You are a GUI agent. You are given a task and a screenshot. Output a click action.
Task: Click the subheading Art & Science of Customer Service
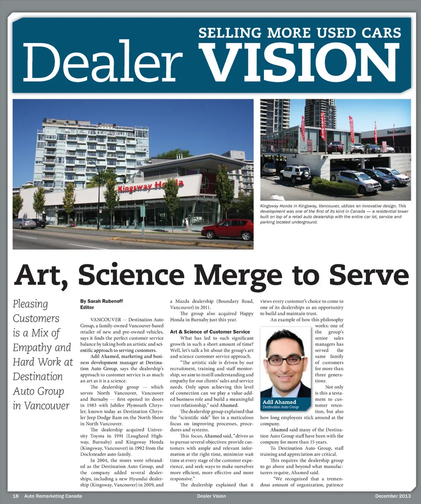click(210, 332)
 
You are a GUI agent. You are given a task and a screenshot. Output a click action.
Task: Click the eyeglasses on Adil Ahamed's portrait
click(285, 360)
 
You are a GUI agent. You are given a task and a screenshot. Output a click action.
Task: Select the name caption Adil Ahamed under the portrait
click(279, 401)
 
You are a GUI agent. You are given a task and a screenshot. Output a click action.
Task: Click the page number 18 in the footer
click(16, 496)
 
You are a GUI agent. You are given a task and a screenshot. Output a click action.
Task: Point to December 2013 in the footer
click(393, 496)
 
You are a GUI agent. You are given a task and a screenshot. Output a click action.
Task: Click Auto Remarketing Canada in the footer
click(53, 496)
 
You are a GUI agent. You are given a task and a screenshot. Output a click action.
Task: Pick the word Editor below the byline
click(87, 308)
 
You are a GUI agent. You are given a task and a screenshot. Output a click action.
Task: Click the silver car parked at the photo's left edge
click(24, 224)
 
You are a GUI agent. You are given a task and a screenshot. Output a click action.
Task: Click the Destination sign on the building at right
click(396, 131)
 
